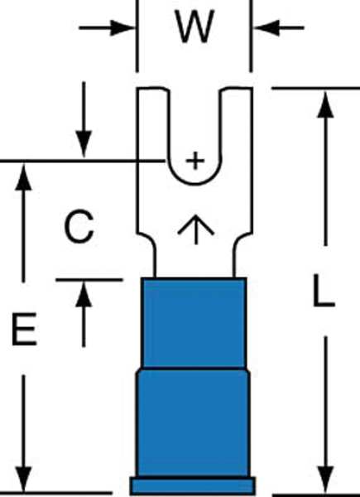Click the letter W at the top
tap(194, 27)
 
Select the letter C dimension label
tap(79, 226)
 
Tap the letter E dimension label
tap(24, 329)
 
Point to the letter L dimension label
tap(324, 291)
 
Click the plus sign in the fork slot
tap(195, 161)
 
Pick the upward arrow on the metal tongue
tap(196, 229)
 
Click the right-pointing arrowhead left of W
tap(122, 28)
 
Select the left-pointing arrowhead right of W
tap(266, 28)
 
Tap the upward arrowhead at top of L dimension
tap(325, 105)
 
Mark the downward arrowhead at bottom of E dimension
tap(23, 480)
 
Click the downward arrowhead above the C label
tap(84, 144)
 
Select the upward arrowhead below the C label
tap(84, 294)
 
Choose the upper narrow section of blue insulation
tap(194, 323)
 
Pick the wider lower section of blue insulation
tap(193, 423)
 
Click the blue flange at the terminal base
tap(193, 486)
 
